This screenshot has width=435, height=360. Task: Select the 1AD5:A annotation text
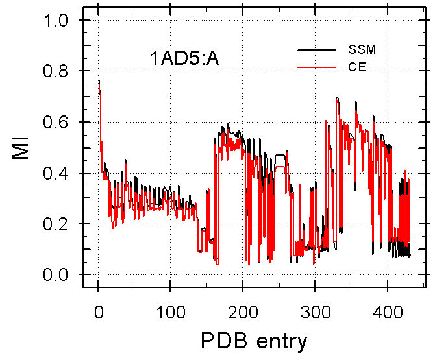coord(185,58)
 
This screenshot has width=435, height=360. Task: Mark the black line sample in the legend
coord(316,50)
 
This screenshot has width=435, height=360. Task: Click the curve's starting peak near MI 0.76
coord(99,82)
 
